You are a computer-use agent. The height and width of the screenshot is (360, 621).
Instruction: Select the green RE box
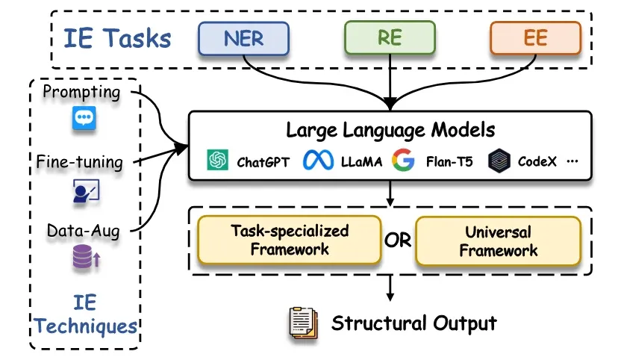[x=389, y=37]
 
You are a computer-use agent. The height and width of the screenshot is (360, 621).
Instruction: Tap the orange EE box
[x=535, y=37]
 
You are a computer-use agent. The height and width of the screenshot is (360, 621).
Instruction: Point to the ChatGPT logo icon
[x=217, y=160]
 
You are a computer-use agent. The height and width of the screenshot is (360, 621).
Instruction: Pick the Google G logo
[x=403, y=160]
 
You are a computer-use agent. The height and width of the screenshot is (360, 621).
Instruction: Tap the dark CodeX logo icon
[x=498, y=161]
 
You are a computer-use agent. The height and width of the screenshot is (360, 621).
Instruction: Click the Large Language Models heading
[x=390, y=130]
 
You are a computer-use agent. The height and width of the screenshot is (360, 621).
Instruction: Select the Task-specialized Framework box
[x=290, y=240]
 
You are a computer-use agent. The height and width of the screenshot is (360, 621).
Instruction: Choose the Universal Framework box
[x=498, y=240]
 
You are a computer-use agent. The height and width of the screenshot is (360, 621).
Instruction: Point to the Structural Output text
[x=414, y=323]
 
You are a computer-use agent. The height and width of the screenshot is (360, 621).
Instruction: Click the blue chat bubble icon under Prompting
[x=84, y=119]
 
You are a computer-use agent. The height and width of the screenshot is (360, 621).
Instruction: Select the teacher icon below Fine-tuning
[x=85, y=191]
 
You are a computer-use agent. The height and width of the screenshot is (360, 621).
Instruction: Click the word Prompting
[x=82, y=92]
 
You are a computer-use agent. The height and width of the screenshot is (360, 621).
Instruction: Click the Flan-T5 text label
[x=449, y=161]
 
